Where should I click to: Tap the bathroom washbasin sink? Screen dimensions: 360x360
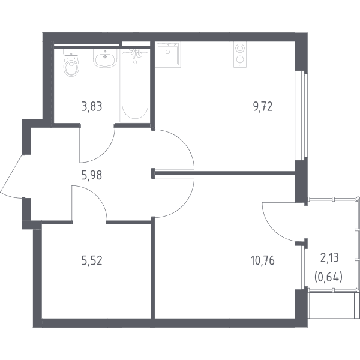(x=105, y=59)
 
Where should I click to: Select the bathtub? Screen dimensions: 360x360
(x=135, y=86)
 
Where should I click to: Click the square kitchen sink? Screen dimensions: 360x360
(x=168, y=55)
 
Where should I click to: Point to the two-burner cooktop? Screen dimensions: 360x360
(x=240, y=55)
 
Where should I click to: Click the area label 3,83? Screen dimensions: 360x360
(x=92, y=107)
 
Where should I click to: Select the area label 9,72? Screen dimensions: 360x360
(x=263, y=107)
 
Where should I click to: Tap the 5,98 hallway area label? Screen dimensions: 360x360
(x=92, y=175)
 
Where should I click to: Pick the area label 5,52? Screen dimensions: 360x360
(x=92, y=261)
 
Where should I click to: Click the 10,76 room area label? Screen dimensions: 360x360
(x=263, y=261)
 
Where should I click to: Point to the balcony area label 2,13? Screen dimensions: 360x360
(x=329, y=258)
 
